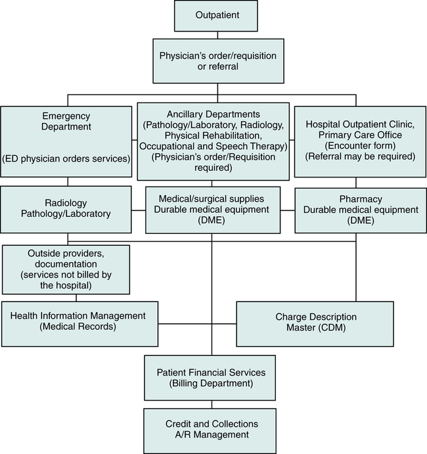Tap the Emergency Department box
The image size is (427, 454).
pos(68,141)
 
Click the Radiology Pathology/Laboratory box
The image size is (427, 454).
pos(68,210)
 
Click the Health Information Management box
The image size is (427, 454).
pos(79,323)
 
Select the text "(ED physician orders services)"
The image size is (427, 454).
pos(68,158)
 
